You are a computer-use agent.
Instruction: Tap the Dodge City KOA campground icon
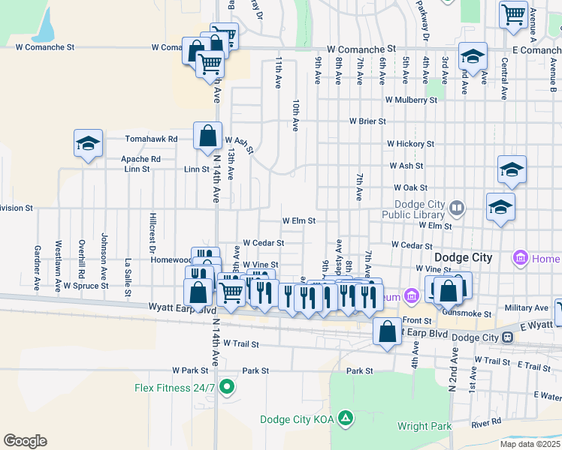tap(345, 417)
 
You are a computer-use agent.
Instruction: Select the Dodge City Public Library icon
tap(456, 206)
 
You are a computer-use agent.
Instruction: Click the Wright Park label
tap(425, 427)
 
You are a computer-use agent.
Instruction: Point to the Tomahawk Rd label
tap(151, 139)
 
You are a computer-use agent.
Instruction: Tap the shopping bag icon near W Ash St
tap(207, 136)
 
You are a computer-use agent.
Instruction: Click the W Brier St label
tap(367, 121)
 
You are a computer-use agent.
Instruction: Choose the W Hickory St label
tap(410, 143)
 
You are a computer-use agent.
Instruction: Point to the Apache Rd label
tap(141, 159)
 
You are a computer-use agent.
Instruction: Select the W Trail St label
tap(237, 344)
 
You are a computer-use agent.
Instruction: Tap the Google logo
tap(25, 441)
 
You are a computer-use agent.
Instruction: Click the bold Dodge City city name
tap(463, 257)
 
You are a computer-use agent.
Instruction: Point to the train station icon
tap(509, 337)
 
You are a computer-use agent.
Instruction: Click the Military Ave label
tap(527, 307)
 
